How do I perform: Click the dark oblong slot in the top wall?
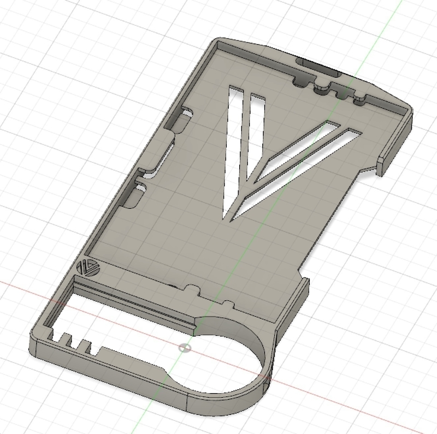(317, 67)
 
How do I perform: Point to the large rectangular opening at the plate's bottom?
(120, 317)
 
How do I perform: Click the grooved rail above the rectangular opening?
(137, 303)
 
